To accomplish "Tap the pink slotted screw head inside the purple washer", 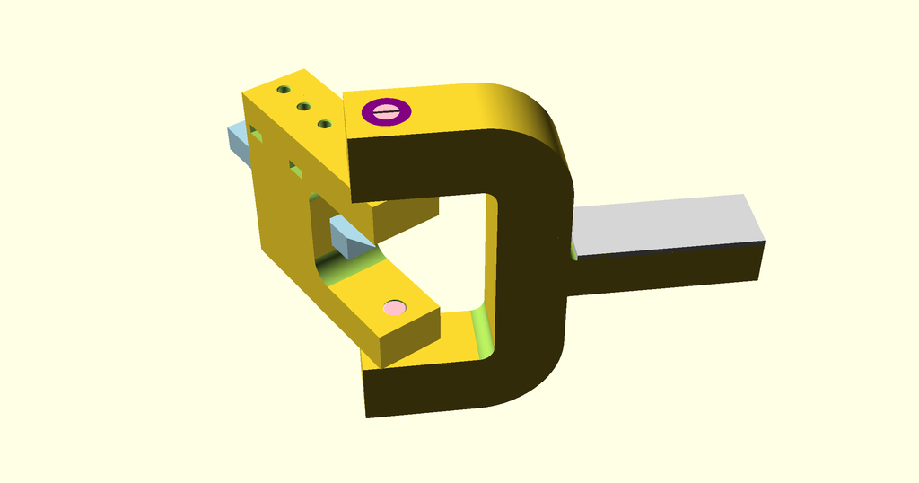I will tap(387, 111).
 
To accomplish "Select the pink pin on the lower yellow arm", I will tap(394, 308).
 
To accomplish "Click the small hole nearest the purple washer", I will tap(325, 123).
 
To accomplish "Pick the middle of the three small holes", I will tap(304, 107).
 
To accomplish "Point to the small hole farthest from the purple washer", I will tap(284, 91).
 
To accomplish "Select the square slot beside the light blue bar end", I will tap(257, 136).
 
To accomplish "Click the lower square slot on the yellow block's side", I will tap(293, 166).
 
